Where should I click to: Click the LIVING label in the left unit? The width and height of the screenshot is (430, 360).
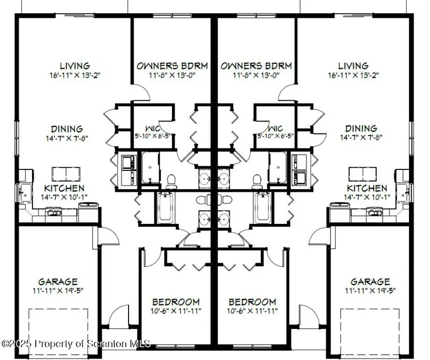pyautogui.click(x=75, y=66)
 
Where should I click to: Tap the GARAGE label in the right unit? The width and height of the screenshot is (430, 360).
pyautogui.click(x=370, y=282)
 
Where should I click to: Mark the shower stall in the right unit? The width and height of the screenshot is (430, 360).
pyautogui.click(x=277, y=167)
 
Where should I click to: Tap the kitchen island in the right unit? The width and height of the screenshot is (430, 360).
pyautogui.click(x=364, y=173)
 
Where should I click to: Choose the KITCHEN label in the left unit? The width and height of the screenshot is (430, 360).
pyautogui.click(x=64, y=189)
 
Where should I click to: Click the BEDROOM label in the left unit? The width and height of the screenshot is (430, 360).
pyautogui.click(x=176, y=302)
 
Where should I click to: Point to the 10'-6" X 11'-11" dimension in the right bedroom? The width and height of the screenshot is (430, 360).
pyautogui.click(x=252, y=311)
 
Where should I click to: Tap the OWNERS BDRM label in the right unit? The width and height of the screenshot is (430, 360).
pyautogui.click(x=256, y=66)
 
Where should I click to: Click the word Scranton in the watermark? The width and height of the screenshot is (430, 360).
pyautogui.click(x=109, y=344)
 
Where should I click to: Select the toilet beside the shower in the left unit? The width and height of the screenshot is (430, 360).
pyautogui.click(x=171, y=180)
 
